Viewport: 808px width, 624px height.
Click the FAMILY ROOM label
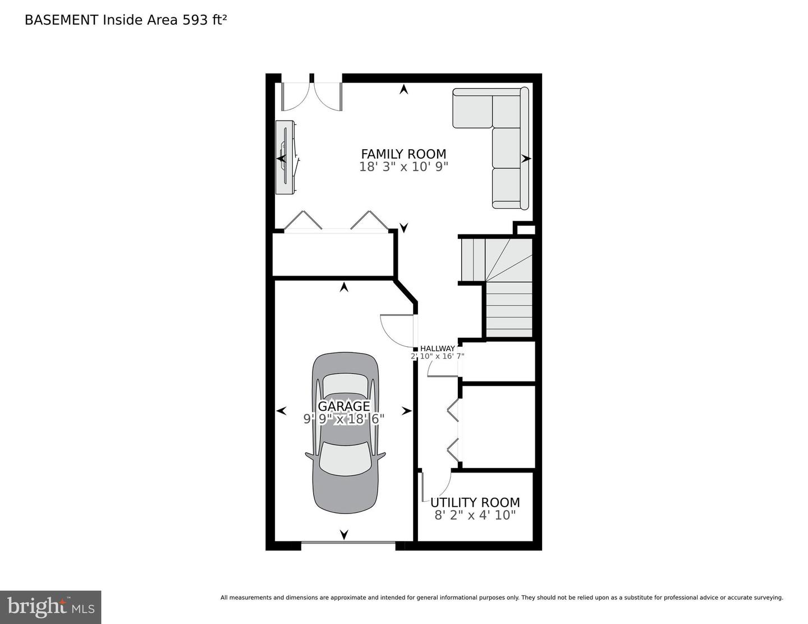tap(403, 154)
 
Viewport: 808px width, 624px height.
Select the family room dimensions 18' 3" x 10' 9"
tap(403, 167)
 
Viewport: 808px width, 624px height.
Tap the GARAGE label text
tap(344, 406)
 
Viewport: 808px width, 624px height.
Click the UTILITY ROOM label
tap(475, 502)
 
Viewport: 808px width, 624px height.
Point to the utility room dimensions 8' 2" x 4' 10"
tap(475, 515)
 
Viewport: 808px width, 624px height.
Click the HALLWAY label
tap(437, 348)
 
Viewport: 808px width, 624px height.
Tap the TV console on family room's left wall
tap(285, 158)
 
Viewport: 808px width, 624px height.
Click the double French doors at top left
tap(312, 97)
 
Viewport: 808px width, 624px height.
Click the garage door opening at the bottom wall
tap(348, 545)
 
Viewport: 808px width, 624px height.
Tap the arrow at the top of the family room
tap(403, 89)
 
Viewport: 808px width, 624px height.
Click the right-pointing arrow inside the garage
tap(407, 411)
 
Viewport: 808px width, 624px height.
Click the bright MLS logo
tap(50, 607)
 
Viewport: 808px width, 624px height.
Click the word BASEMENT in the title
tap(61, 20)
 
